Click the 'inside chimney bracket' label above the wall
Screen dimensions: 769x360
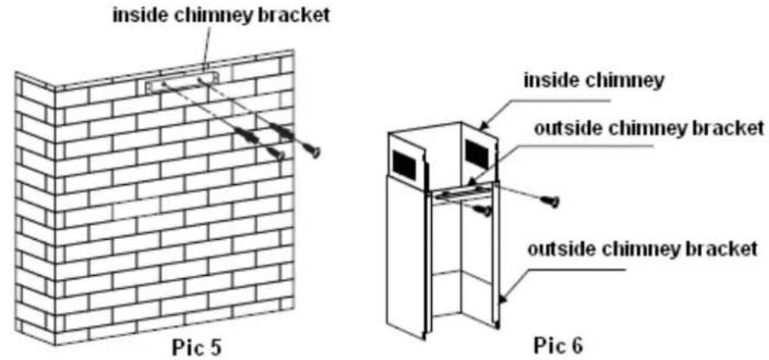pyautogui.click(x=221, y=16)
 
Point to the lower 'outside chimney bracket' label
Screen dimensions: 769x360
pyautogui.click(x=642, y=250)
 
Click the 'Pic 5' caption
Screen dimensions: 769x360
pyautogui.click(x=196, y=347)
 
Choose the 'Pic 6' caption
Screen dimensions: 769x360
pyautogui.click(x=559, y=346)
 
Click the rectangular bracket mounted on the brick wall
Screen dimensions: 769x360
pyautogui.click(x=182, y=83)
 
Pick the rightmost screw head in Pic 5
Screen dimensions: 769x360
pyautogui.click(x=312, y=150)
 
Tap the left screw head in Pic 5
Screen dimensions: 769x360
pyautogui.click(x=277, y=155)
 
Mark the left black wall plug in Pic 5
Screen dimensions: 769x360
pyautogui.click(x=248, y=137)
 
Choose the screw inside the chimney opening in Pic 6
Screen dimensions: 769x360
pyautogui.click(x=483, y=210)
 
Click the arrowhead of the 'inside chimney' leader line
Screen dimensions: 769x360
pyautogui.click(x=482, y=127)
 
